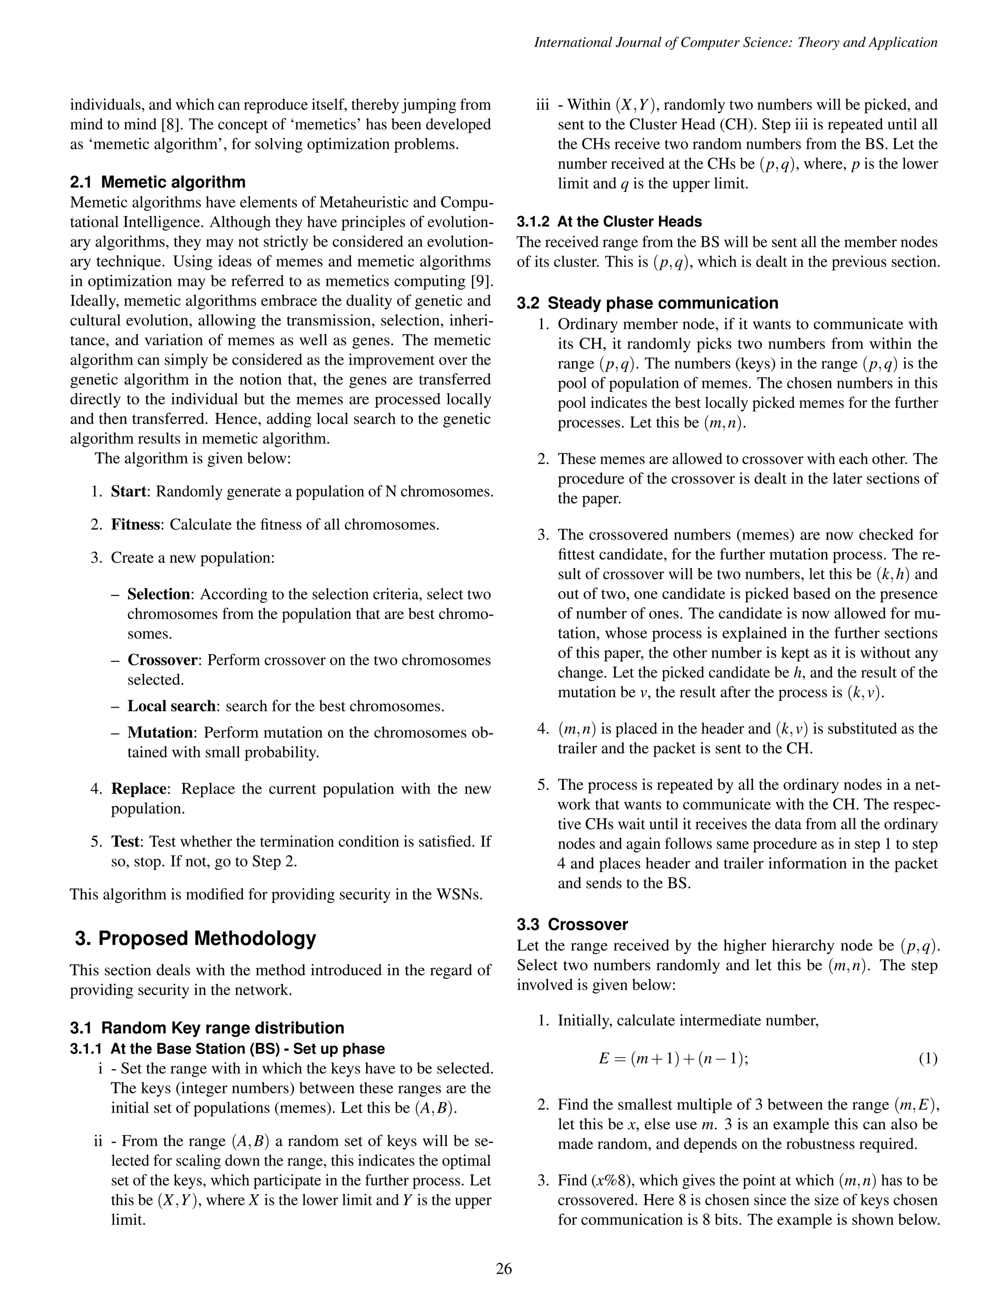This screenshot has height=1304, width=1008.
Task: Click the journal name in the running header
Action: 735,42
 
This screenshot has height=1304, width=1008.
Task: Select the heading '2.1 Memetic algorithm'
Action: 157,182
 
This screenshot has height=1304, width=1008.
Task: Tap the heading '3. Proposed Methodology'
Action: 195,938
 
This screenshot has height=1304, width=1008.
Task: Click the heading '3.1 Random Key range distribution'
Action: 207,1027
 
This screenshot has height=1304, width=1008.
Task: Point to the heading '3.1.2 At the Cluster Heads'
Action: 609,221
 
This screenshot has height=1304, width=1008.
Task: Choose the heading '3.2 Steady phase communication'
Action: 647,303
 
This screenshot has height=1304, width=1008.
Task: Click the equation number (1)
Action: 927,1058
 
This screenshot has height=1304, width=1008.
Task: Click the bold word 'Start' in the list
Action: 128,492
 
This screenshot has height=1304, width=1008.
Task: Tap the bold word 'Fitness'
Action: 135,525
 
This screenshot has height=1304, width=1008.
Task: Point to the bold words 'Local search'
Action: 171,706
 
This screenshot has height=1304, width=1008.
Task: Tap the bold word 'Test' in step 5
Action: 126,842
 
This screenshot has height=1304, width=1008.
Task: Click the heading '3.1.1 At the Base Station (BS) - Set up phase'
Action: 227,1049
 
